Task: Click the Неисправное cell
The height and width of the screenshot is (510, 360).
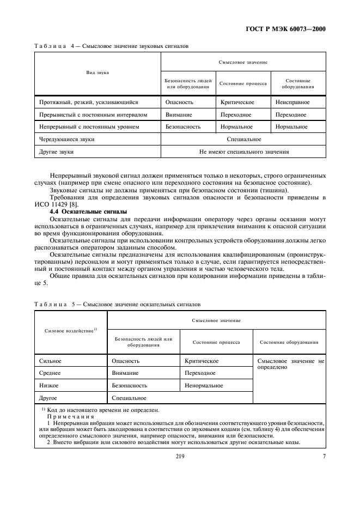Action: coord(292,102)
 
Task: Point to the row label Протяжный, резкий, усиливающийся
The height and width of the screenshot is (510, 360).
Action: coord(89,102)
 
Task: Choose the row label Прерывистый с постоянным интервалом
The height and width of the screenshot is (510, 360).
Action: coord(93,114)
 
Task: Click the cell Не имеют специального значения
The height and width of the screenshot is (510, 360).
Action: coord(243,152)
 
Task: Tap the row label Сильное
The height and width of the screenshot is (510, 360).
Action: coord(51,361)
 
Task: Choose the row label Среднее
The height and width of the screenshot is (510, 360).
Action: coord(51,373)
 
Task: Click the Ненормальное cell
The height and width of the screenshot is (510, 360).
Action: coord(204,386)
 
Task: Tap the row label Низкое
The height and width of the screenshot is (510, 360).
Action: coord(49,386)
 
